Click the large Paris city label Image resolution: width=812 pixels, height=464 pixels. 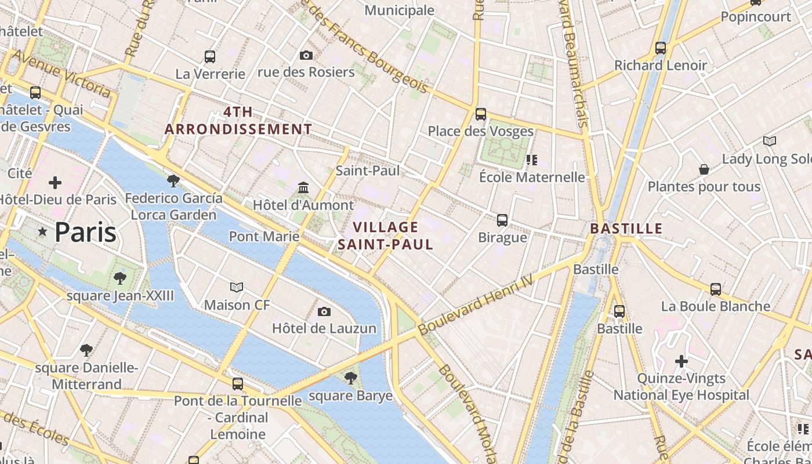click(85, 233)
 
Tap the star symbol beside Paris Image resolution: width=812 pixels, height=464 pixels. click(42, 232)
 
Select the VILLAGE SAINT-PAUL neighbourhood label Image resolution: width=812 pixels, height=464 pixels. click(386, 235)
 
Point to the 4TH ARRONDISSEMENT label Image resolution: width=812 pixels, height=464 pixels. click(238, 121)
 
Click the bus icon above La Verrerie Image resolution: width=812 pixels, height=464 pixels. click(210, 57)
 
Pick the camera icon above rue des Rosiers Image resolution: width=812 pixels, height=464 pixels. click(306, 56)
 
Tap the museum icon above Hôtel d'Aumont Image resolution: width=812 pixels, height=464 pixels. click(303, 188)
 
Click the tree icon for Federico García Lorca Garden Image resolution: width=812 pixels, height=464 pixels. click(173, 181)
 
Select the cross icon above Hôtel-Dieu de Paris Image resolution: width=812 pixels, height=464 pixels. click(55, 183)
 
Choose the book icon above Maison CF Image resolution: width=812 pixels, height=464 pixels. click(237, 288)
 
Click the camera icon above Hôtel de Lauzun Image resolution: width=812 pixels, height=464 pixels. click(324, 312)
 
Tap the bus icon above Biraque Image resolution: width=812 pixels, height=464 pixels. click(502, 220)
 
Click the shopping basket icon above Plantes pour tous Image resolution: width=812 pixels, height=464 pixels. click(704, 169)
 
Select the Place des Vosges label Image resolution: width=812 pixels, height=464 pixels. click(481, 131)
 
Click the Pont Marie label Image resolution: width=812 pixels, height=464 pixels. click(264, 236)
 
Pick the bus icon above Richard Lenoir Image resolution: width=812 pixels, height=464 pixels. click(661, 48)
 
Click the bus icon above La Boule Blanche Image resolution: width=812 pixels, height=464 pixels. click(716, 289)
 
